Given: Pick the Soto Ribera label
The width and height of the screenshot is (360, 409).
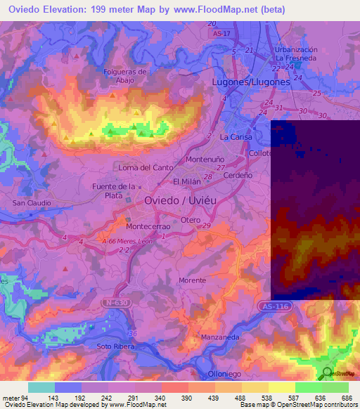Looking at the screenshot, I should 116,346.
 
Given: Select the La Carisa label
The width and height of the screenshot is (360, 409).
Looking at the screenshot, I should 236,136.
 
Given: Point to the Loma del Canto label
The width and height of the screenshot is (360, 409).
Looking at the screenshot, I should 146,167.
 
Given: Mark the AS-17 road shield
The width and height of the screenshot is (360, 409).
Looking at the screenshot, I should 222,32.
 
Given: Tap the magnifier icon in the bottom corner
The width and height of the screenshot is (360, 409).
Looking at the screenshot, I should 327,373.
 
